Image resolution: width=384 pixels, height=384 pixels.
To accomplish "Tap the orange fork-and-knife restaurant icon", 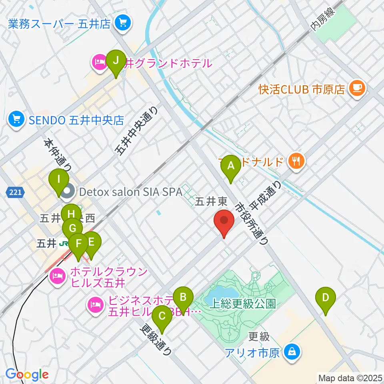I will tap(296, 162).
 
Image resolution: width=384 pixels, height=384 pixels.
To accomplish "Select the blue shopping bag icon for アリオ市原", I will tap(292, 352).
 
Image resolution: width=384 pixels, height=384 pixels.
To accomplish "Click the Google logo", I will tap(27, 374).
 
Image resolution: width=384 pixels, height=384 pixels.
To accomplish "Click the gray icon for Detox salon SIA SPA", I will tap(68, 192).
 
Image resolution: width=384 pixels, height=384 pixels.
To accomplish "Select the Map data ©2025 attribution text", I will tap(350, 377).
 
